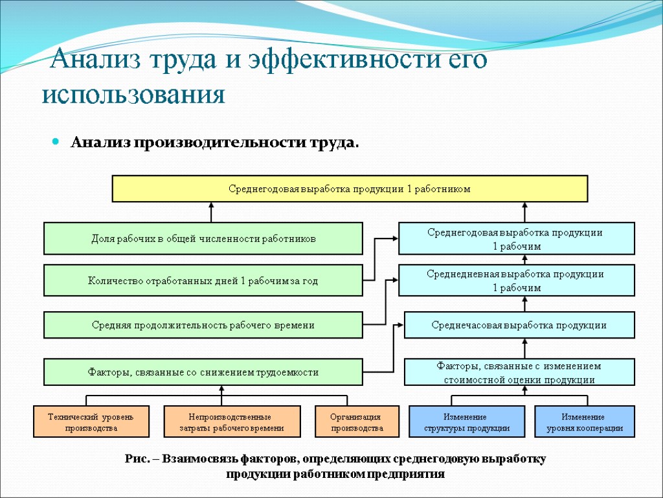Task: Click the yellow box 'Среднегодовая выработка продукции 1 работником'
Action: pyautogui.click(x=350, y=189)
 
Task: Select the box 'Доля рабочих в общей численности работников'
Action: pyautogui.click(x=203, y=239)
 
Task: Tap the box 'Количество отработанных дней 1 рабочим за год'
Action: pyautogui.click(x=203, y=281)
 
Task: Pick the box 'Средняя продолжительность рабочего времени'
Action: pyautogui.click(x=203, y=325)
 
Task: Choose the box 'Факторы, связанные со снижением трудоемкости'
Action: pyautogui.click(x=203, y=372)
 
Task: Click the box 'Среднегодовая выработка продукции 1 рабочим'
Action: pyautogui.click(x=516, y=239)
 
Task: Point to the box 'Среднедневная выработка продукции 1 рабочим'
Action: pyautogui.click(x=516, y=281)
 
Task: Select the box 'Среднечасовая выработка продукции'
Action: pyautogui.click(x=519, y=325)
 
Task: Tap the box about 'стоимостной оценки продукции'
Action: pyautogui.click(x=519, y=373)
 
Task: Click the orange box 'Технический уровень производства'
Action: pyautogui.click(x=91, y=422)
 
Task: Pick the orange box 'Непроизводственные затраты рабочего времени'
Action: pyautogui.click(x=232, y=422)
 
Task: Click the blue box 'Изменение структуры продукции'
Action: pyautogui.click(x=467, y=422)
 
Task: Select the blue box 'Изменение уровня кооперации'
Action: pyautogui.click(x=585, y=422)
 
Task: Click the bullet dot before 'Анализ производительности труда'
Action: pyautogui.click(x=56, y=141)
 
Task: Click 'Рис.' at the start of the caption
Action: pyautogui.click(x=137, y=459)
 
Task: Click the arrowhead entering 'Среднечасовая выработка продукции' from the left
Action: pyautogui.click(x=400, y=326)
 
